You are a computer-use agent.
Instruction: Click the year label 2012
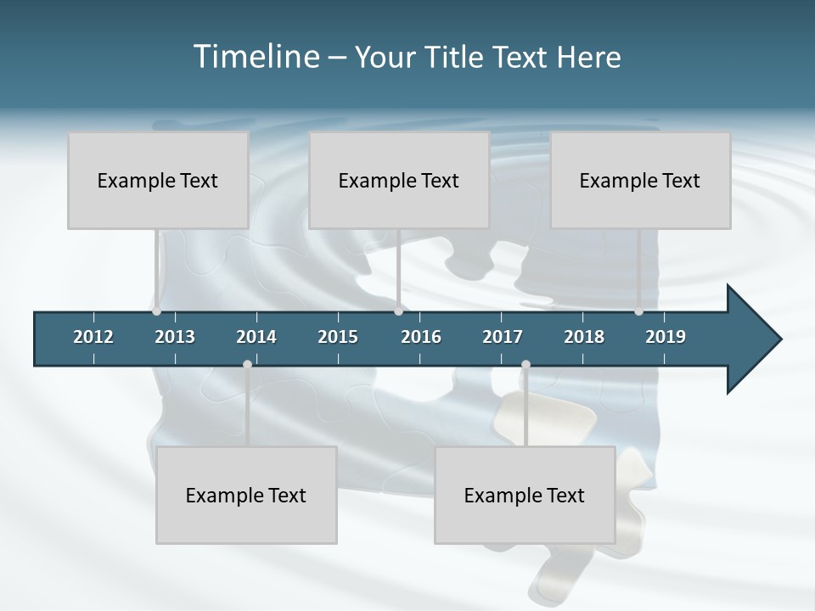tap(93, 337)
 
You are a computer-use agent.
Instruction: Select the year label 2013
tap(175, 337)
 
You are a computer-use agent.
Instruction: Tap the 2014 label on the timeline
tap(256, 337)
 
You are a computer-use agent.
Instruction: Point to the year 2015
tap(338, 337)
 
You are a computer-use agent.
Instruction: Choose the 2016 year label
tap(421, 337)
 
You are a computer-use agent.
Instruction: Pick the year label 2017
tap(503, 337)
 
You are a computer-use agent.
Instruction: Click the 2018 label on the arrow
tap(584, 337)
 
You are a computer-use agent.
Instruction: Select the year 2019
tap(666, 337)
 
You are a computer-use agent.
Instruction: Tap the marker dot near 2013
tap(156, 311)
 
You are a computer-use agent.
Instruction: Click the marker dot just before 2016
tap(398, 311)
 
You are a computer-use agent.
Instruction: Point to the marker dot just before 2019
tap(638, 311)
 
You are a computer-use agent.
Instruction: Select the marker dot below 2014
tap(247, 365)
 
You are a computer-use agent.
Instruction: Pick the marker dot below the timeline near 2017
tap(526, 365)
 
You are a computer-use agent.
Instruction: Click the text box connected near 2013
tap(158, 180)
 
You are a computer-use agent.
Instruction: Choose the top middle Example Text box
tap(399, 180)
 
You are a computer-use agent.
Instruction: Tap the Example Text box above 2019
tap(640, 180)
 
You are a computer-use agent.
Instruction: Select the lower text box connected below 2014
tap(246, 495)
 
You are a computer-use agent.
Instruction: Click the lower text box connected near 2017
tap(525, 495)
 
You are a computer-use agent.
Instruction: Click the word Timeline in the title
tap(256, 57)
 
